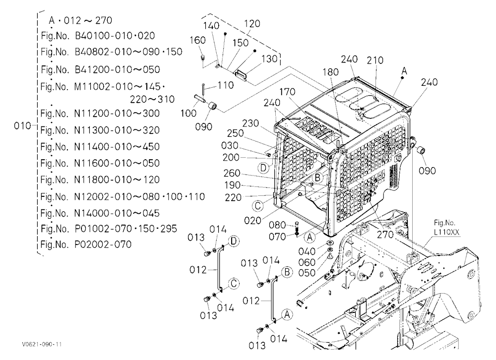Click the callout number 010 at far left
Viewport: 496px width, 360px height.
[x=22, y=126]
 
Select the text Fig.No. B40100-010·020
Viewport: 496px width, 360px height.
[x=98, y=35]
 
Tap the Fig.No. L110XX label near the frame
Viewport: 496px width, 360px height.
[x=446, y=228]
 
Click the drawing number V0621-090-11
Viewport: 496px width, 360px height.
[x=42, y=344]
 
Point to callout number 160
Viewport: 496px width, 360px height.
[x=197, y=40]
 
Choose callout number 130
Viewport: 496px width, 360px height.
[x=269, y=59]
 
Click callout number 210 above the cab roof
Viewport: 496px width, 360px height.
[x=375, y=60]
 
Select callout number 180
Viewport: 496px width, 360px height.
[x=330, y=72]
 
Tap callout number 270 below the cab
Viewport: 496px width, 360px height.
[x=385, y=235]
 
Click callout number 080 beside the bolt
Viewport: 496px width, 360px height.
[x=277, y=225]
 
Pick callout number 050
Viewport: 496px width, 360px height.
[x=307, y=273]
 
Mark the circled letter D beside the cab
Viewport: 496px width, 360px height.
[x=263, y=168]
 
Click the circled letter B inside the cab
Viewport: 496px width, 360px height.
[x=318, y=178]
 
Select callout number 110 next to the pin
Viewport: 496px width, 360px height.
[x=226, y=85]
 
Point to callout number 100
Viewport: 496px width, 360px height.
[x=188, y=113]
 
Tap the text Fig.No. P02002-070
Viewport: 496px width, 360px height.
[x=86, y=244]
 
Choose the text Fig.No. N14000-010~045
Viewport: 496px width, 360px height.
[x=100, y=213]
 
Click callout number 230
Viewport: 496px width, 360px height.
[x=250, y=123]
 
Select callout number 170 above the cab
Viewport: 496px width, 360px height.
[x=287, y=92]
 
